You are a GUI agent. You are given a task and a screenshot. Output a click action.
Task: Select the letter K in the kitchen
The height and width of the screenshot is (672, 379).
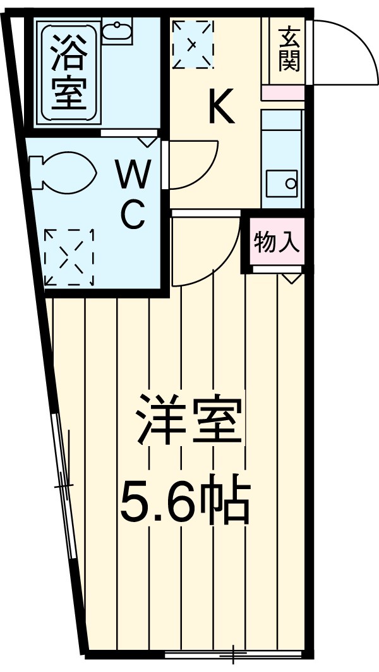coord(222,107)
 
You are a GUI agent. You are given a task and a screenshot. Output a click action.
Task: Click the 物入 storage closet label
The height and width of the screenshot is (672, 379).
coord(277,242)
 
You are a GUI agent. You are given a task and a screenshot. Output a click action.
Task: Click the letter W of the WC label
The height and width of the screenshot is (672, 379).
coord(135,175)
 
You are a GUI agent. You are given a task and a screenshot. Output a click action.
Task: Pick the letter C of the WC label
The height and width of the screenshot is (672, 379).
coord(134,216)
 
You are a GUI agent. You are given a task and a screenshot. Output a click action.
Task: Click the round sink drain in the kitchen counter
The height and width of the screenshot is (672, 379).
coord(291,184)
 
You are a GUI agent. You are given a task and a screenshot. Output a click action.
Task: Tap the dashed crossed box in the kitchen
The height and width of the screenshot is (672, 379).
coord(193,44)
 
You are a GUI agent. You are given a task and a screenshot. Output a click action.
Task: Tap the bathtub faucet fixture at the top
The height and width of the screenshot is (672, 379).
coord(116,30)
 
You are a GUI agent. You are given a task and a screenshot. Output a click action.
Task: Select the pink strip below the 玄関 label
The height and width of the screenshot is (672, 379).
coord(282,92)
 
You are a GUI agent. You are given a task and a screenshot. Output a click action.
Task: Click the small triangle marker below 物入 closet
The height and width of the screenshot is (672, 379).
coord(291,278)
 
